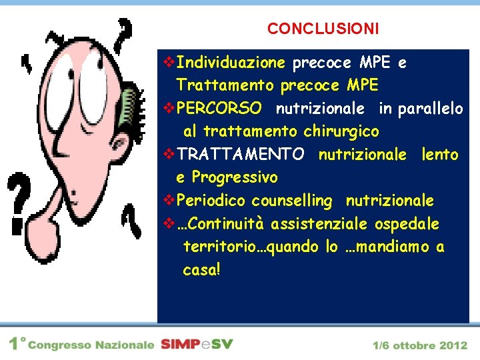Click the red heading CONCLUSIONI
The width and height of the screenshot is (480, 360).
coord(323,29)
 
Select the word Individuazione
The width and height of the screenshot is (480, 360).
coord(231,63)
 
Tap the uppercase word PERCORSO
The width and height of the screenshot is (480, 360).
coord(219,109)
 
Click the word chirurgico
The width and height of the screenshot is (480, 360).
coord(341,131)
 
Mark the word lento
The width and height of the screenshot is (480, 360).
coord(439,155)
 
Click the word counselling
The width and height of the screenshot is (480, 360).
coord(291,201)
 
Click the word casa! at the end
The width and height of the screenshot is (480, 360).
coord(201,270)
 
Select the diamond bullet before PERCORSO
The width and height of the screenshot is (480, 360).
coord(169,109)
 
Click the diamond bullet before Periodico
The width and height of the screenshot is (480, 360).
coord(169,201)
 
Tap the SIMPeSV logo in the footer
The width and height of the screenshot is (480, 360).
coord(197,345)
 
